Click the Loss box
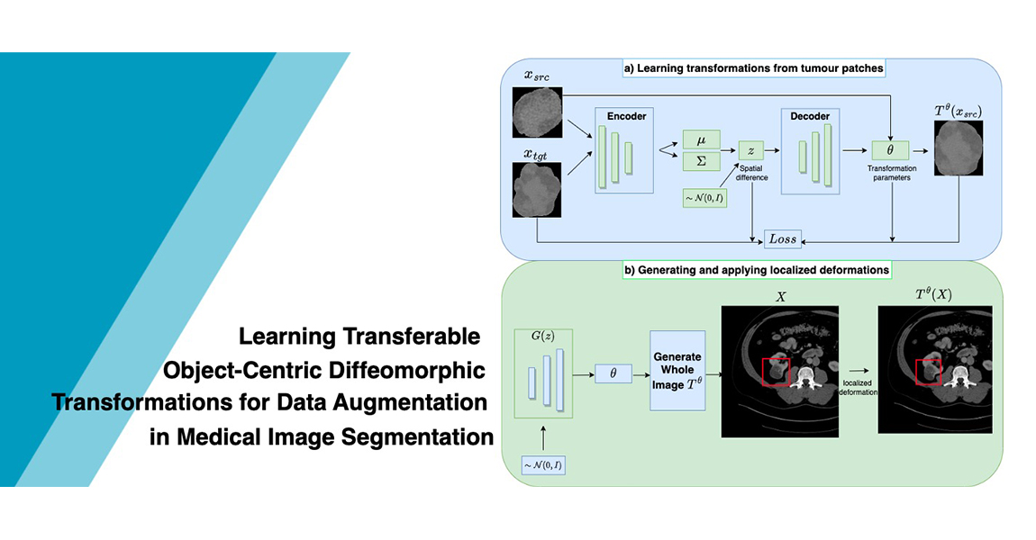point(783,239)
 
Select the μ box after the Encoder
point(702,140)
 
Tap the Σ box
point(702,162)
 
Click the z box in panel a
point(750,150)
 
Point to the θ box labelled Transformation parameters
point(890,150)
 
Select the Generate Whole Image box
point(677,370)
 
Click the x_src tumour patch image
point(536,112)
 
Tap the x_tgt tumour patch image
point(536,193)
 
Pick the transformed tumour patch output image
point(958,149)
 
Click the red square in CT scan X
point(776,372)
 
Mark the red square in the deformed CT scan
point(928,372)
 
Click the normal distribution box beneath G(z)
point(543,465)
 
